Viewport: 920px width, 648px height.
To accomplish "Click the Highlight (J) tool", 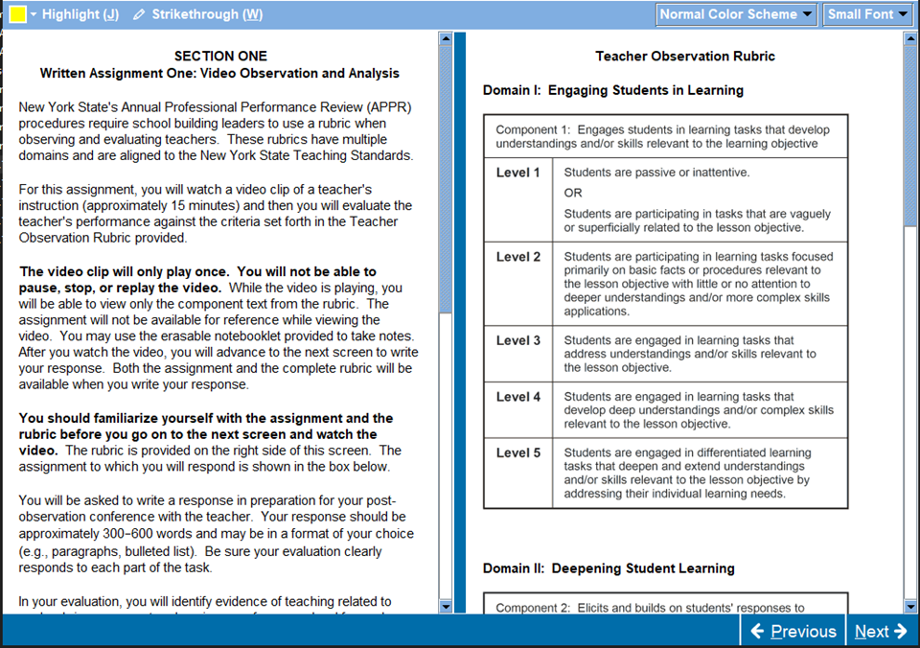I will tap(80, 14).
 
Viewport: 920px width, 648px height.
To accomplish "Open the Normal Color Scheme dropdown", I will tap(736, 14).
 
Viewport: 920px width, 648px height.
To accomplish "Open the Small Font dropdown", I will tap(867, 14).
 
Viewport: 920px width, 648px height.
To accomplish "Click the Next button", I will tap(880, 631).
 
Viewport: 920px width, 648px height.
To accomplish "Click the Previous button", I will tap(793, 631).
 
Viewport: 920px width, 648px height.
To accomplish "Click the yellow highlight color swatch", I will tap(17, 14).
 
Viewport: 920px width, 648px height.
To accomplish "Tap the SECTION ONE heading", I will tap(220, 56).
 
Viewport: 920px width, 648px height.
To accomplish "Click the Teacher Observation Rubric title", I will tap(685, 56).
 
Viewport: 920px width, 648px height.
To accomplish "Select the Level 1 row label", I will tap(518, 173).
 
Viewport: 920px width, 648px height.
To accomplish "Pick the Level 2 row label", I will tap(518, 257).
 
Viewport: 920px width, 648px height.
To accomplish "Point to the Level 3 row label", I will tap(518, 340).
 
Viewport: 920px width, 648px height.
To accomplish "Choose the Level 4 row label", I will tap(518, 397).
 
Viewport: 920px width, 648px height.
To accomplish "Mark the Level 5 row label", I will tap(518, 452).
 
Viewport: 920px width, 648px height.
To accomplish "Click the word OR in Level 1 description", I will tap(573, 193).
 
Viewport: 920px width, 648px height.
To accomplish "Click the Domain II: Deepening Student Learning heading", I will tap(609, 568).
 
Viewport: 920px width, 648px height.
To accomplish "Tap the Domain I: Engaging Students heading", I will tap(613, 90).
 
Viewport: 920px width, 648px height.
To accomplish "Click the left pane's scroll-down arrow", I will tap(445, 605).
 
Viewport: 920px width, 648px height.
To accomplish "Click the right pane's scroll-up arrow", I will tap(910, 39).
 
